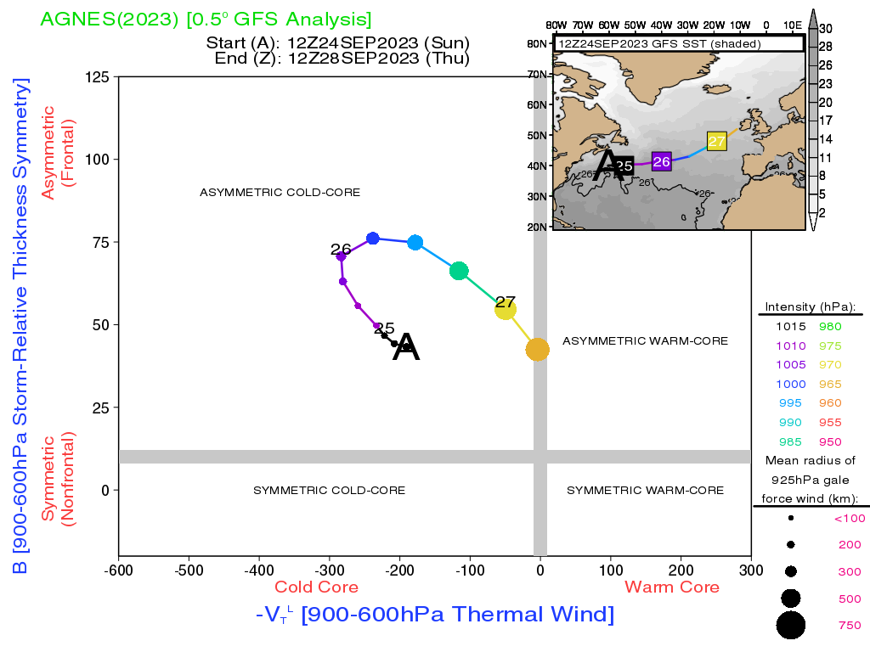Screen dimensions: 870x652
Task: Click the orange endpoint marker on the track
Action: coord(537,349)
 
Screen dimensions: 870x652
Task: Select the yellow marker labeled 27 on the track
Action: coord(505,309)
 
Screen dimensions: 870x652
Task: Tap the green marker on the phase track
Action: coord(459,271)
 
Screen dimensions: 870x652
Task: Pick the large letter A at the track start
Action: coord(405,347)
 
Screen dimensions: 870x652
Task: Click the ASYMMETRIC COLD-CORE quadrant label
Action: coord(280,193)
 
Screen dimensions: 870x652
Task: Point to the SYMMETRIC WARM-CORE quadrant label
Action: coord(646,490)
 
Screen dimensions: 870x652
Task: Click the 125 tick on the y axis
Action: coord(97,76)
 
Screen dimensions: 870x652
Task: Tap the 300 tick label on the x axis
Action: coord(751,570)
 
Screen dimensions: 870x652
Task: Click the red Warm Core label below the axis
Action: coord(672,587)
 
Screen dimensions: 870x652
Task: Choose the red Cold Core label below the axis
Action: coord(316,587)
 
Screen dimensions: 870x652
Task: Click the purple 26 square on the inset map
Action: coord(661,161)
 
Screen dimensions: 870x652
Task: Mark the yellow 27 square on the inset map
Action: coord(717,141)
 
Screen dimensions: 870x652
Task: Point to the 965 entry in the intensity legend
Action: coord(830,385)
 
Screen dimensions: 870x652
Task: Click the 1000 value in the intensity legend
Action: coord(791,385)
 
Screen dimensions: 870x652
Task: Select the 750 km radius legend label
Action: coord(850,626)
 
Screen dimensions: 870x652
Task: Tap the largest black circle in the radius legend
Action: coord(791,626)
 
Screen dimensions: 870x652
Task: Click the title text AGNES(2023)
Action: coord(110,20)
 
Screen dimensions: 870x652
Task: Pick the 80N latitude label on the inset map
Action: coord(537,44)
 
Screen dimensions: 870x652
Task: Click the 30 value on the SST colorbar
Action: coord(826,29)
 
